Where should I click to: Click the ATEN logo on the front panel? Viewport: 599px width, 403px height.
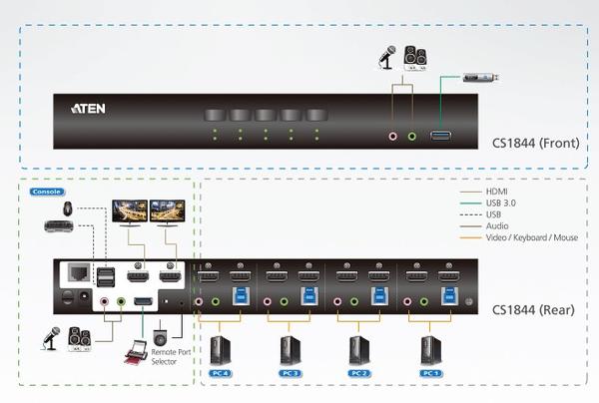[x=88, y=109]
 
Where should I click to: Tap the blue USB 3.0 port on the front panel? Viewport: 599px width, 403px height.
[x=440, y=136]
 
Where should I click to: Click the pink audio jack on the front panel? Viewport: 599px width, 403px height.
[x=392, y=137]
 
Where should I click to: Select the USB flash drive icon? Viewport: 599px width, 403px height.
[x=480, y=78]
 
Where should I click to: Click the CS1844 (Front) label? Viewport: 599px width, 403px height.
[x=535, y=143]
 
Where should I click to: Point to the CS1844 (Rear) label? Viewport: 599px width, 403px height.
[x=533, y=310]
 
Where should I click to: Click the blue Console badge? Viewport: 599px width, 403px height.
[x=47, y=192]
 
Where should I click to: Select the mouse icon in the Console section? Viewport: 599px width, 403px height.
[x=68, y=208]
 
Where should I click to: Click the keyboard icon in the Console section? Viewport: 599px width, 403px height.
[x=59, y=225]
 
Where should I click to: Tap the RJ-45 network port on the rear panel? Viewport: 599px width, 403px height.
[x=79, y=272]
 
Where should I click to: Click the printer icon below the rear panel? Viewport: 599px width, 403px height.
[x=136, y=352]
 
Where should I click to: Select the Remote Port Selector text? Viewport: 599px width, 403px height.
[x=171, y=357]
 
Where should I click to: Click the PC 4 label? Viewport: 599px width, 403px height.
[x=221, y=373]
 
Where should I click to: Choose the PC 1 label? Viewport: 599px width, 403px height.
[x=431, y=373]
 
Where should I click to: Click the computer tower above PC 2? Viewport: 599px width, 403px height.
[x=359, y=350]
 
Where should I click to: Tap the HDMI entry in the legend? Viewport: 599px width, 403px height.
[x=496, y=192]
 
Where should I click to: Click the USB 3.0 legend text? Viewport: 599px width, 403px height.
[x=501, y=203]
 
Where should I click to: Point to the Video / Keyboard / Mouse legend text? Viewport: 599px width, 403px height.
[x=532, y=237]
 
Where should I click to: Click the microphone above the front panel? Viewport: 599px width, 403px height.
[x=387, y=57]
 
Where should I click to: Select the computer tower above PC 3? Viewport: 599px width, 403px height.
[x=291, y=350]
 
